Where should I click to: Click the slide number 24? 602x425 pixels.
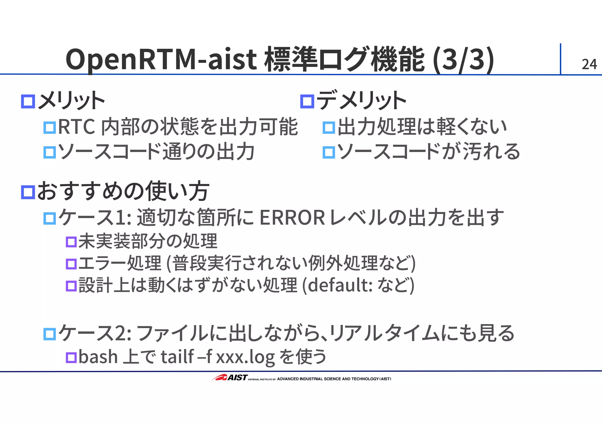pos(589,64)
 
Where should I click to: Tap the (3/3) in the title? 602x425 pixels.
pos(464,60)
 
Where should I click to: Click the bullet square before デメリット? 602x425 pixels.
pos(307,102)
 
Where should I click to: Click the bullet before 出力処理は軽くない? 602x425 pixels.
pos(329,128)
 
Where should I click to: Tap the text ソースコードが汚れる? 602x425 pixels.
pos(429,152)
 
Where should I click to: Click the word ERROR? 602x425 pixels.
pos(292,218)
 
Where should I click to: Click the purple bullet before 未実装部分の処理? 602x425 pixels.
pos(71,242)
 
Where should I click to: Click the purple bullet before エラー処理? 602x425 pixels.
pos(71,264)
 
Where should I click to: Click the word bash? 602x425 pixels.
pos(98,357)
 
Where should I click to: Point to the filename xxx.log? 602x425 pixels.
pos(245,357)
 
